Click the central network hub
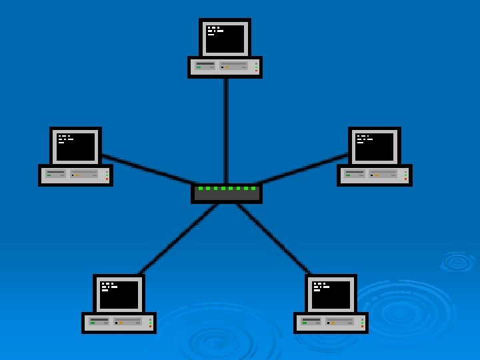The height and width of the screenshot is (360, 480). click(227, 194)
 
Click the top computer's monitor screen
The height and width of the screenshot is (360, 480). click(225, 38)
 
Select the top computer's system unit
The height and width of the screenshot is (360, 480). click(225, 67)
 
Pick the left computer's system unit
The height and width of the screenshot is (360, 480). click(75, 175)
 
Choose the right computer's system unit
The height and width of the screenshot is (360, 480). click(374, 175)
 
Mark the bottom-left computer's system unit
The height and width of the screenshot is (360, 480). click(119, 323)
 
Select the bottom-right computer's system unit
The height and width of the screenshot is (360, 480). click(331, 323)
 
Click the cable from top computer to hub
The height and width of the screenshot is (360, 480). click(226, 130)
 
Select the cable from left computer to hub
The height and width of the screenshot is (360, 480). click(147, 169)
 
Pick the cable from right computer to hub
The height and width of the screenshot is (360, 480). click(303, 169)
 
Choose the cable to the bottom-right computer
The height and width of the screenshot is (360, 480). click(274, 239)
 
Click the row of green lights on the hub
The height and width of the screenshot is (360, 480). click(227, 189)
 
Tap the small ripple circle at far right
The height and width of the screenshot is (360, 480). click(457, 261)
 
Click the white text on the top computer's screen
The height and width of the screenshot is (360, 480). click(215, 30)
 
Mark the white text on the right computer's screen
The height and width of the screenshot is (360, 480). click(364, 139)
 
